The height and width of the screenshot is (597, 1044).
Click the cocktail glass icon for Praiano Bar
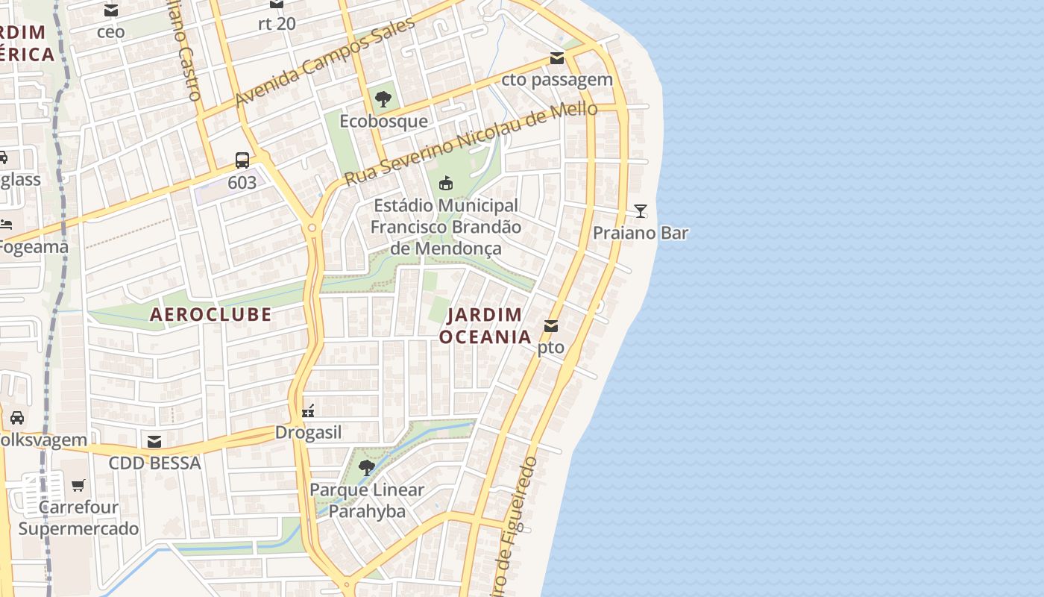click(x=640, y=211)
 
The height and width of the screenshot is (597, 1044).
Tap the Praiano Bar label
click(x=640, y=233)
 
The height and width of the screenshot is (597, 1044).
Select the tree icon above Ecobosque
click(x=383, y=99)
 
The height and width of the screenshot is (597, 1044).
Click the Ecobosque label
click(x=383, y=121)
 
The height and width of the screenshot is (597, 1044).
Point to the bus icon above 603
click(x=242, y=160)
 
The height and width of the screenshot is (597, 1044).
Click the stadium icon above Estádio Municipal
click(x=446, y=183)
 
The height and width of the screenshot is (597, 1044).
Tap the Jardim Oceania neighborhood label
click(x=485, y=326)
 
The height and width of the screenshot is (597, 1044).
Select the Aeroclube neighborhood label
click(x=211, y=314)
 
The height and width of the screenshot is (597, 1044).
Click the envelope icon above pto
click(x=551, y=326)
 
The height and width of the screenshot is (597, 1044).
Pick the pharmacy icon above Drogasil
click(x=308, y=411)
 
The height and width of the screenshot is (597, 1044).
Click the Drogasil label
click(x=308, y=433)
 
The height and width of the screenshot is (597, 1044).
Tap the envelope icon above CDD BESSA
click(x=154, y=442)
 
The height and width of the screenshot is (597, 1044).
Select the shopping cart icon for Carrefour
click(x=78, y=486)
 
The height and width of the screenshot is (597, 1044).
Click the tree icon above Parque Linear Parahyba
click(x=367, y=468)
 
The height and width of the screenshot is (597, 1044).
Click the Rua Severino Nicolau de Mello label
click(x=471, y=143)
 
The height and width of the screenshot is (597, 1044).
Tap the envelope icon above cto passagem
click(x=557, y=58)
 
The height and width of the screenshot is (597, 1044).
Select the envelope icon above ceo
click(x=111, y=10)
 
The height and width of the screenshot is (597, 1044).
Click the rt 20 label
click(x=277, y=24)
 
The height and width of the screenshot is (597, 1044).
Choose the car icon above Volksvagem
click(x=17, y=418)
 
